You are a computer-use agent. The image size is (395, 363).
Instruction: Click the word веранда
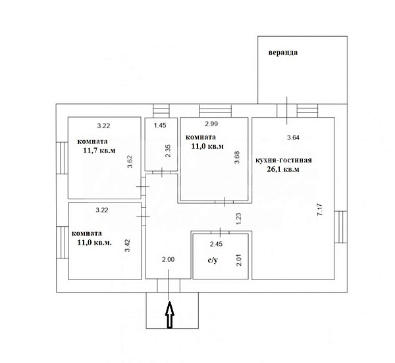click(x=283, y=53)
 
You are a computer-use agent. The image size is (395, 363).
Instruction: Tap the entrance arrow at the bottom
click(x=170, y=315)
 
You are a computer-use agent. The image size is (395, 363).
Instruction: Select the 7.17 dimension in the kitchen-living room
click(x=319, y=210)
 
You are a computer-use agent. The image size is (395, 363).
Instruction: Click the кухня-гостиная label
click(x=284, y=160)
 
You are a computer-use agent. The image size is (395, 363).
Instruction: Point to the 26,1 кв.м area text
click(x=283, y=169)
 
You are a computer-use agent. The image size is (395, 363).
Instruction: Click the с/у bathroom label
click(x=213, y=260)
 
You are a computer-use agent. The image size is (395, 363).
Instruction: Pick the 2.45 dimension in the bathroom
click(x=216, y=244)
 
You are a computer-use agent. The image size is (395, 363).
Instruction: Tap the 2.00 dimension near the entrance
click(x=168, y=259)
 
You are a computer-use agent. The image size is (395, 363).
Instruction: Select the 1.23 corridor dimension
click(x=238, y=218)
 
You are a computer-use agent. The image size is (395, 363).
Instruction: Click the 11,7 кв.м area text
click(x=99, y=151)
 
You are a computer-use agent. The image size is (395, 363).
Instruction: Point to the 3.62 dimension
click(x=130, y=162)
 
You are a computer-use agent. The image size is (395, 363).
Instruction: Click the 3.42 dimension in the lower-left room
click(x=128, y=245)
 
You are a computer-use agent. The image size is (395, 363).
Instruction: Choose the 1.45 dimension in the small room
click(x=160, y=126)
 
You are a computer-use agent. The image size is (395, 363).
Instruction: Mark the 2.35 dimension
click(x=168, y=151)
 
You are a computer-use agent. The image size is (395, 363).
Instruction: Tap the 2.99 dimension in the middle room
click(x=211, y=124)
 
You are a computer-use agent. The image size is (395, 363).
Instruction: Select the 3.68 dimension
click(x=237, y=157)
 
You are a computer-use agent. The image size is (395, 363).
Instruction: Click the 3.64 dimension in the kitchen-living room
click(x=293, y=137)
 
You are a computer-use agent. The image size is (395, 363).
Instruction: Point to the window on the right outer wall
click(x=341, y=227)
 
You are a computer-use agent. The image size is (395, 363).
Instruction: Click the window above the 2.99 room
click(x=215, y=110)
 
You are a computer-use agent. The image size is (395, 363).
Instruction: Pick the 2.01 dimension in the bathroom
click(x=239, y=260)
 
